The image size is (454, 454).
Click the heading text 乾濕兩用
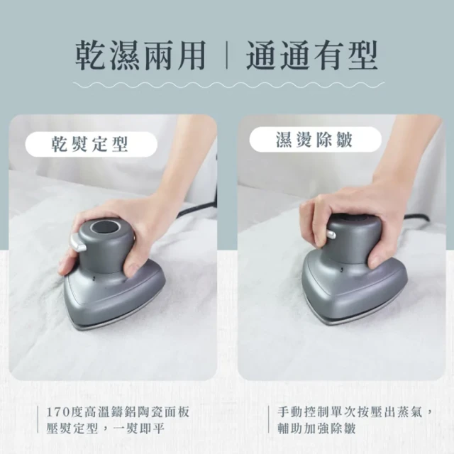click(x=140, y=55)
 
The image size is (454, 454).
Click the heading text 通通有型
click(x=312, y=55)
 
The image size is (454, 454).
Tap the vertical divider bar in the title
click(x=226, y=55)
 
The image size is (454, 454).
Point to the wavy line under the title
click(x=228, y=85)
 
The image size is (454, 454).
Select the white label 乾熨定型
click(x=92, y=144)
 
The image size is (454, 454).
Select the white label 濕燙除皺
click(x=315, y=139)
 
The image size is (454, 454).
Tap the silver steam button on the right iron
click(x=331, y=234)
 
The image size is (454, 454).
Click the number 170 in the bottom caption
click(x=57, y=412)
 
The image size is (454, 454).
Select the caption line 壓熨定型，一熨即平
click(x=106, y=428)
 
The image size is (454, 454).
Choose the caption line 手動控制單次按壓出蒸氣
click(x=350, y=411)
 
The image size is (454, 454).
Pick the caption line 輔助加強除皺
click(x=316, y=428)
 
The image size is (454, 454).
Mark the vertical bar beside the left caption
click(x=38, y=419)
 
